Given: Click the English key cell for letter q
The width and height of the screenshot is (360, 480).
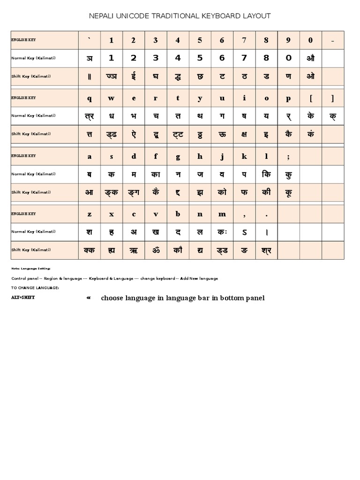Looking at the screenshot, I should [x=89, y=98].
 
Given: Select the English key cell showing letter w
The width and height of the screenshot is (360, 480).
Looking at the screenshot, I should [x=111, y=98].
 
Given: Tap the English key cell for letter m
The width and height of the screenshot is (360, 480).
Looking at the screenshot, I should [x=222, y=214].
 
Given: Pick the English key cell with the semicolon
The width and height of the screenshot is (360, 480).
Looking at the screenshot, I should [x=288, y=157].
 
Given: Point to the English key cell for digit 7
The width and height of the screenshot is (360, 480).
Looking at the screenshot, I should [x=244, y=40].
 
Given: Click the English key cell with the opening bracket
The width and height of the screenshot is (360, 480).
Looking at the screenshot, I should [x=311, y=98].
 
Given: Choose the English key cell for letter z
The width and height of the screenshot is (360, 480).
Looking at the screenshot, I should [x=89, y=214].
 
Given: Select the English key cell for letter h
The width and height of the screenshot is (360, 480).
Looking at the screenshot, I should [x=200, y=157].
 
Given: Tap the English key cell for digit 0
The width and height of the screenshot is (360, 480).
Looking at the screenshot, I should [x=311, y=40].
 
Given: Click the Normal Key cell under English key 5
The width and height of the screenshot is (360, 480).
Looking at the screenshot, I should [x=200, y=58].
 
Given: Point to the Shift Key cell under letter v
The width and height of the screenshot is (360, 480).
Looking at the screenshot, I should [x=156, y=250].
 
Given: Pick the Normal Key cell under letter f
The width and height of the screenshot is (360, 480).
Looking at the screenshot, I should [x=156, y=174].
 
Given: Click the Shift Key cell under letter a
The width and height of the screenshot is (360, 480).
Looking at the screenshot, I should [x=89, y=192].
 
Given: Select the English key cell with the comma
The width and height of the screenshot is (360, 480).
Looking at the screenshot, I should [x=244, y=214].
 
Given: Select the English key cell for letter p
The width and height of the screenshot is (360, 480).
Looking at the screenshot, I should [x=288, y=98].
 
